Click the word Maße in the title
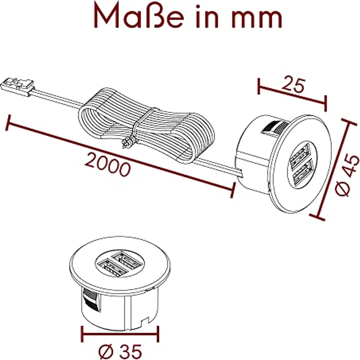coord(139,15)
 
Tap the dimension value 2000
coord(108,165)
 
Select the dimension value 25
coord(294,85)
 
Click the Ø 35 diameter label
coord(120,351)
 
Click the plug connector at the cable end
coord(18,87)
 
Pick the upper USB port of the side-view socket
coord(299,156)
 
